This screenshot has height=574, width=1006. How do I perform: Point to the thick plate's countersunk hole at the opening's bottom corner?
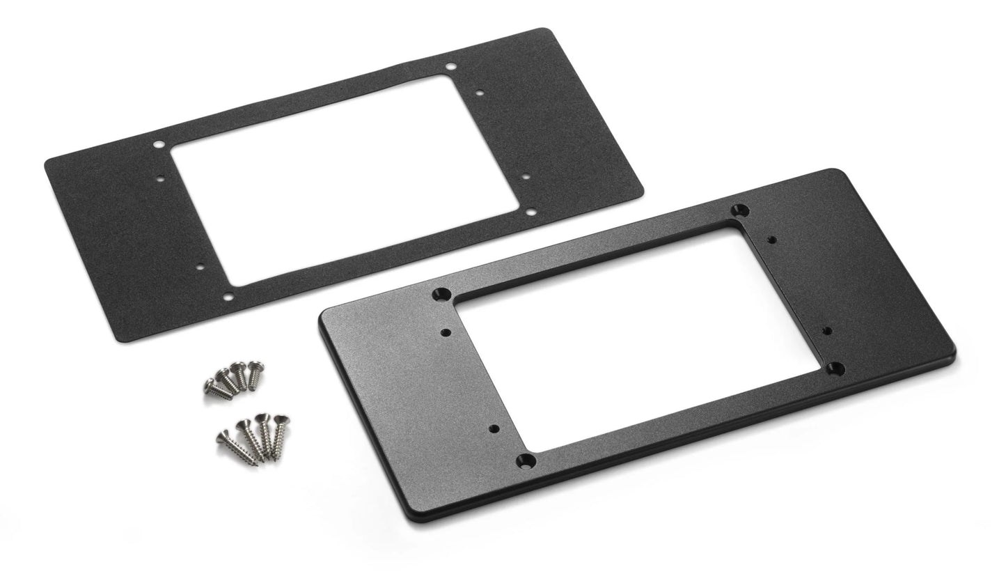point(527,460)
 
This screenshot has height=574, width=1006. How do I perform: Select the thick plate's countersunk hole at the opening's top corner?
point(741,210)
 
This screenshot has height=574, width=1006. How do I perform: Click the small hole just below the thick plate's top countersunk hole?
point(771,240)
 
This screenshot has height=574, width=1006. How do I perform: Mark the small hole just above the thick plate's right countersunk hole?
point(827,330)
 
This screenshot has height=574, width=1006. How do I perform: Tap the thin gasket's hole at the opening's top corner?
point(451,67)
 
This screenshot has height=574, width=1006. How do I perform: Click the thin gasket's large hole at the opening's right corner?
point(530,211)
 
